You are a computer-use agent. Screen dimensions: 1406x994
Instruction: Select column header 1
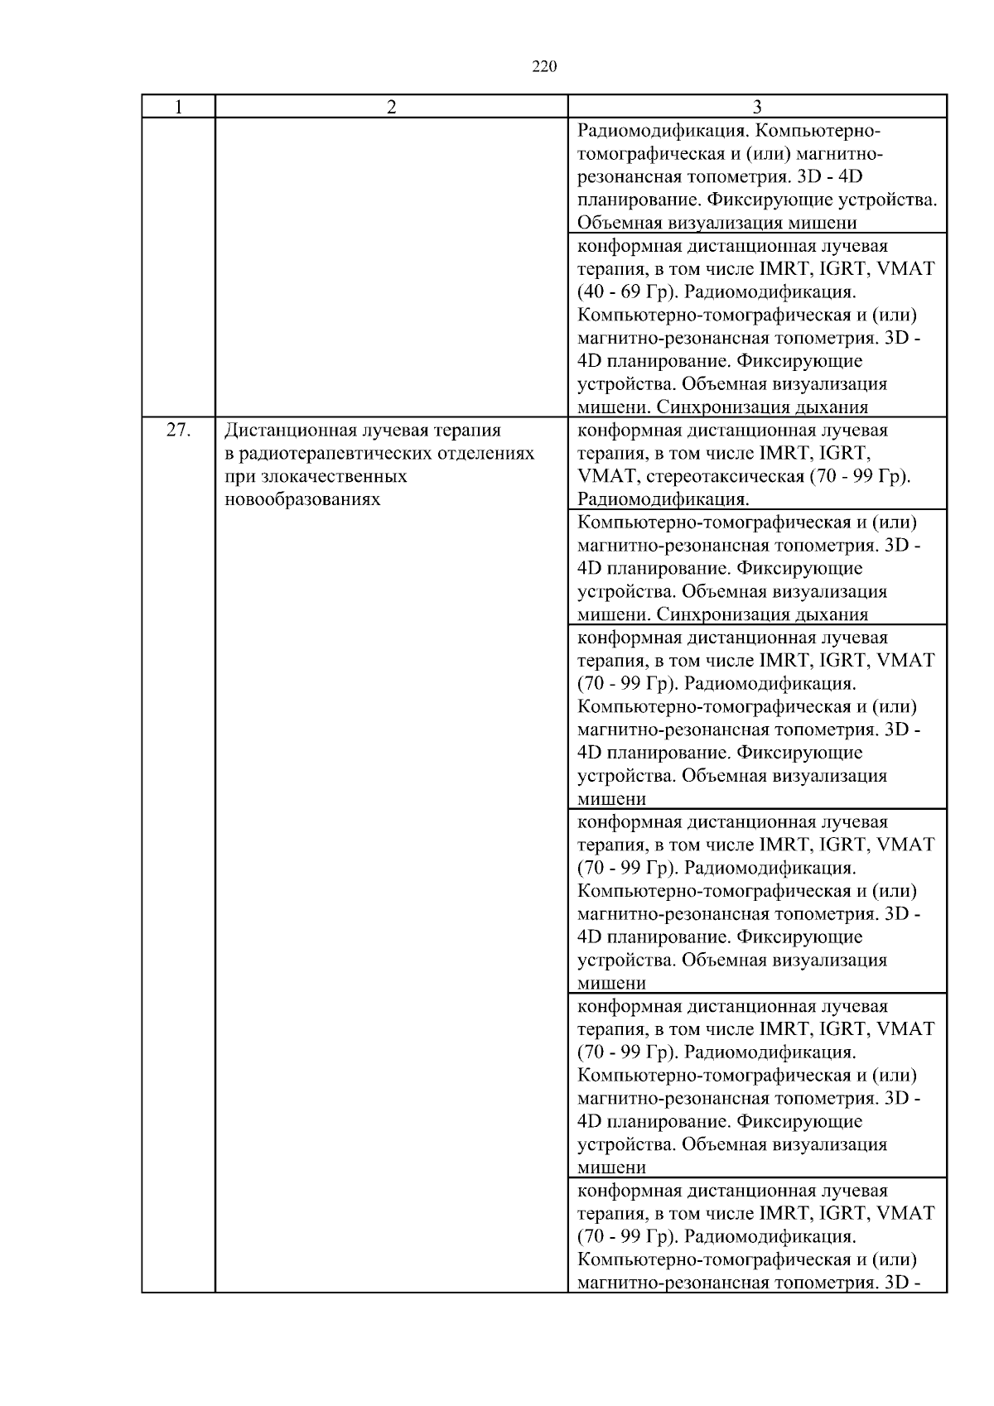point(177,107)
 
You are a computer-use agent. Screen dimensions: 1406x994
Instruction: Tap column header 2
point(391,107)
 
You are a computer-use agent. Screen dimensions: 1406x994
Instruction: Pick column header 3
point(756,107)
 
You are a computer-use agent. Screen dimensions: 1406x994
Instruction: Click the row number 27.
point(178,431)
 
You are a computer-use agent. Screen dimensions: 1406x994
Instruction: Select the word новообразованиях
point(302,500)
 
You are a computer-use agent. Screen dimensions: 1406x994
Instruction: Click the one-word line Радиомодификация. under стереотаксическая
point(663,499)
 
